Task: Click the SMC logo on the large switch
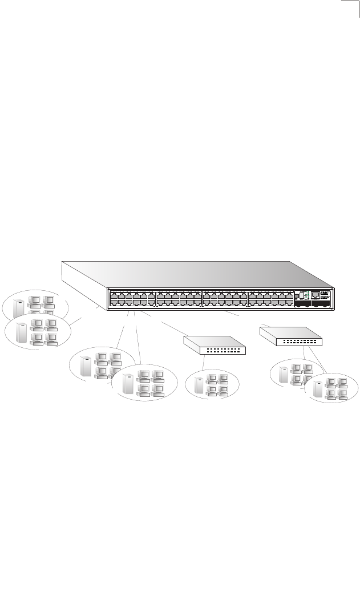click(325, 293)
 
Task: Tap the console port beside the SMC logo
click(315, 295)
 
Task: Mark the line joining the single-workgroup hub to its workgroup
click(204, 363)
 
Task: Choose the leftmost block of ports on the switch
click(132, 299)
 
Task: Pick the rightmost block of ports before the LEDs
click(270, 299)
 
